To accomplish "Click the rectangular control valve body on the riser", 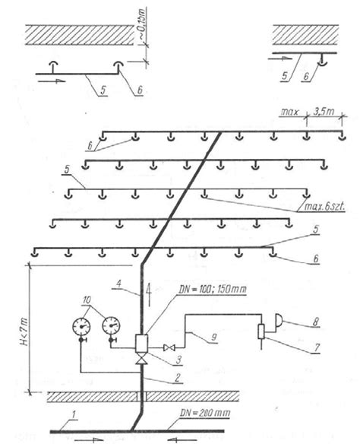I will (x=141, y=343).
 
